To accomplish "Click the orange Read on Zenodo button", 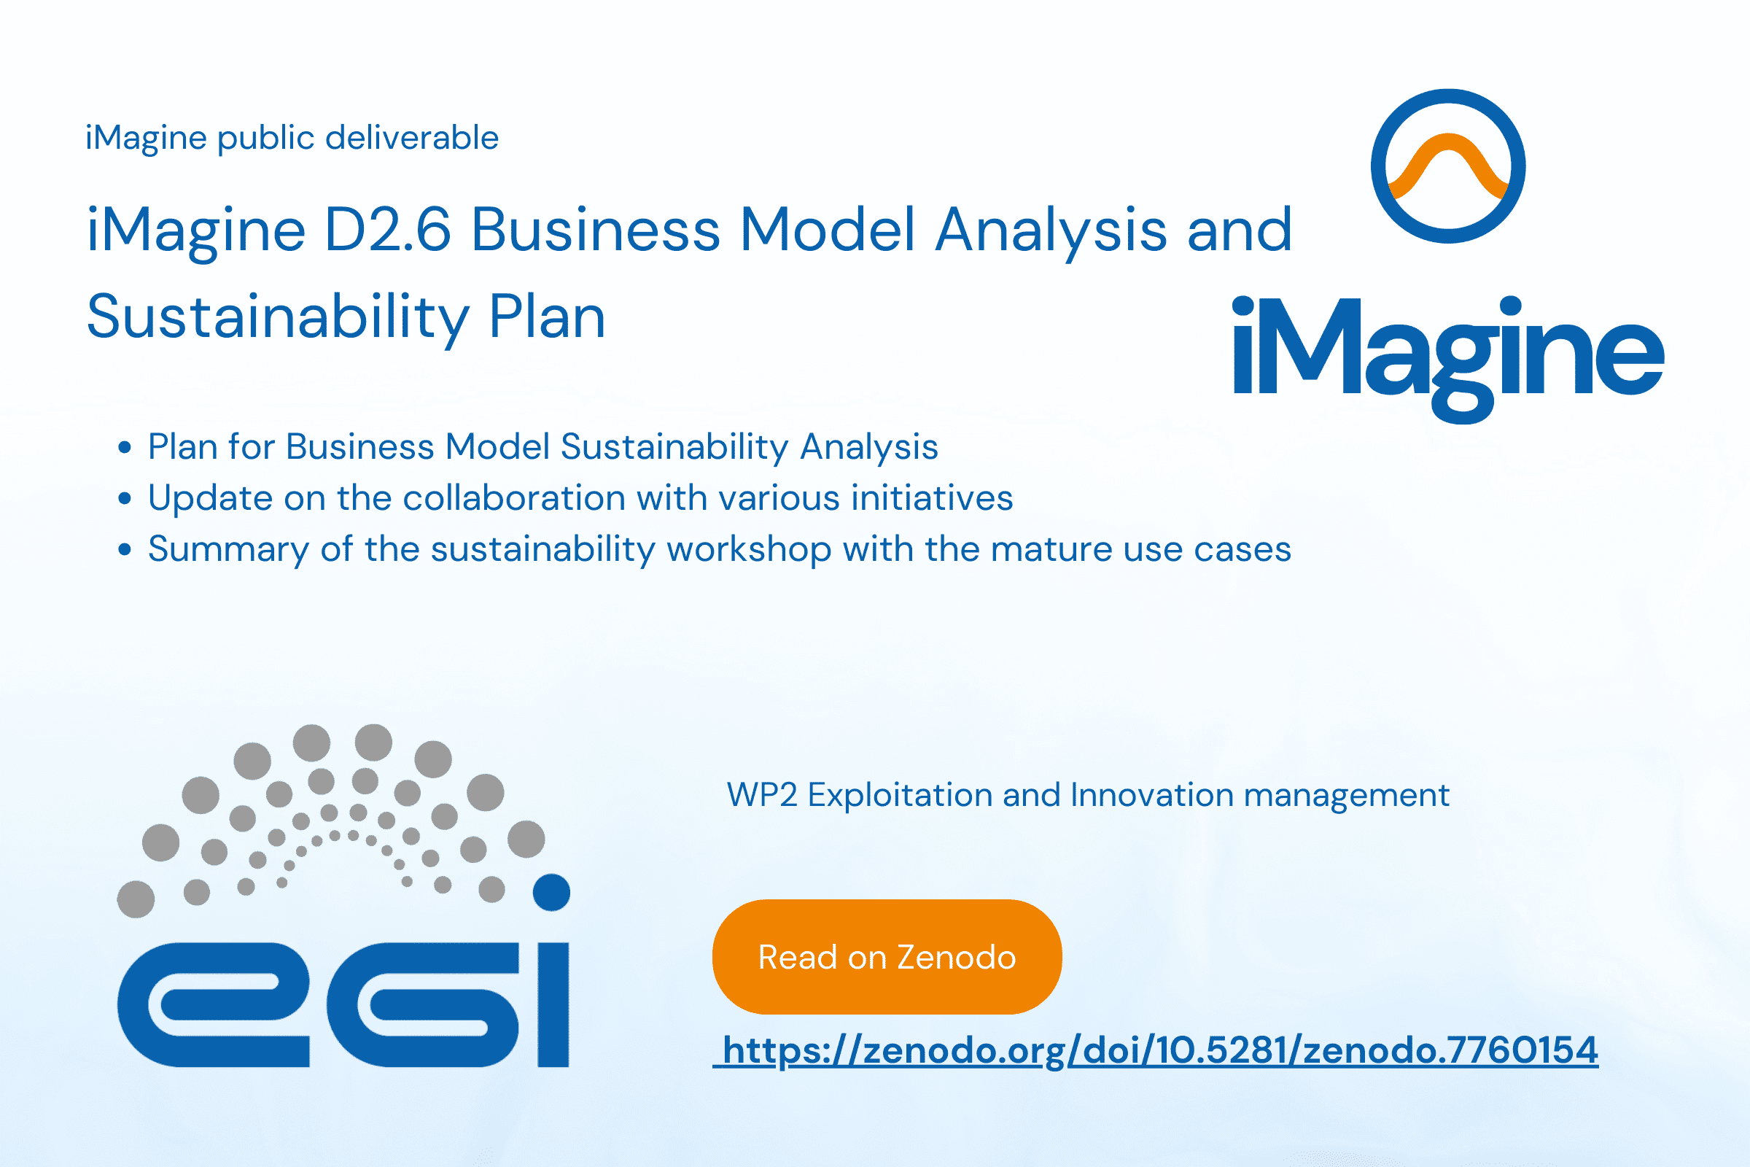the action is click(x=887, y=956).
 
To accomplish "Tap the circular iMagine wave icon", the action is click(x=1448, y=166).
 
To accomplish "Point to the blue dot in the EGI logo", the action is click(x=551, y=891).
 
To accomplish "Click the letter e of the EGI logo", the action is click(x=213, y=1005).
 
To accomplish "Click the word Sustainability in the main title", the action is click(x=279, y=319).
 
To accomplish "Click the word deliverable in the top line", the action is click(x=412, y=138).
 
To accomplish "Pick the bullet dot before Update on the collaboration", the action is click(x=125, y=499).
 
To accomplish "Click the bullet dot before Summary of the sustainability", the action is click(x=125, y=550).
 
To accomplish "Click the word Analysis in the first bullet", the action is click(x=869, y=448).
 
